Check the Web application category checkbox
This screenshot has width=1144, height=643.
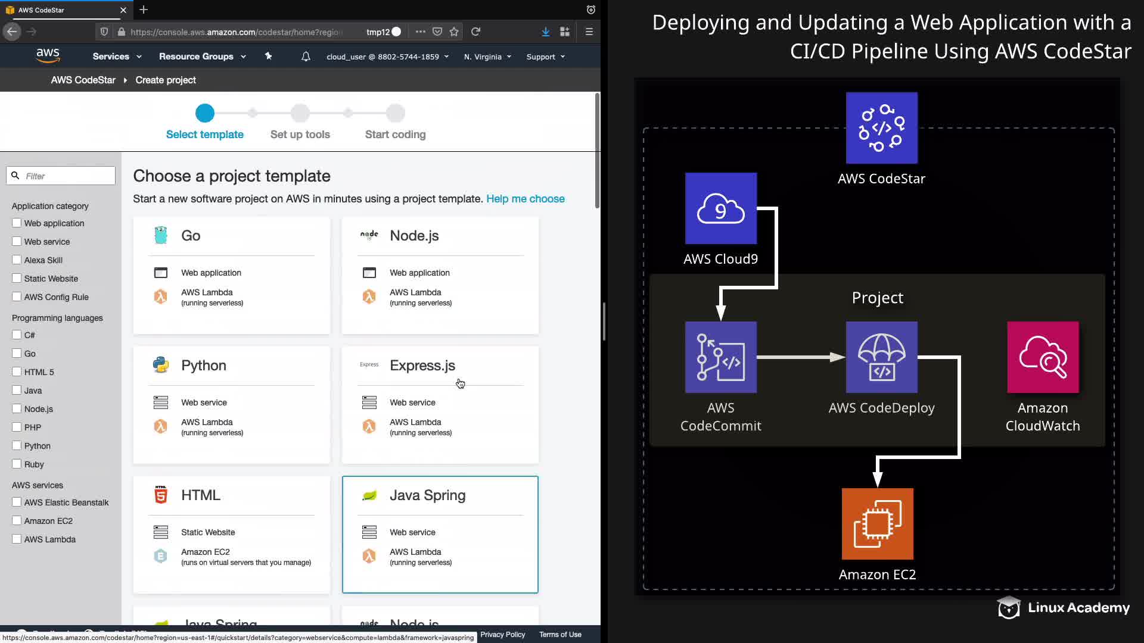[x=17, y=223]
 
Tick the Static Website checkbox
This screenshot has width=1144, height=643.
[x=17, y=278]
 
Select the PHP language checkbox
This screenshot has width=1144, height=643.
[x=17, y=427]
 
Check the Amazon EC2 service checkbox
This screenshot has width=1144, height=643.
[x=17, y=520]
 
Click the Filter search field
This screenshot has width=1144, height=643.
[x=66, y=176]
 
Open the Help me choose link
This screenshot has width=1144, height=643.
[x=525, y=199]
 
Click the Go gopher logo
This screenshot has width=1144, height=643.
[x=161, y=236]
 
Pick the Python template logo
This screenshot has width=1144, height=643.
[x=161, y=365]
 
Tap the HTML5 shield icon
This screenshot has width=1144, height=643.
[x=161, y=495]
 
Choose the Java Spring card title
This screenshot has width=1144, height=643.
[x=427, y=495]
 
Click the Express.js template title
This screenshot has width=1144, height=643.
[x=422, y=366]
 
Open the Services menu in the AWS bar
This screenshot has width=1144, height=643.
[x=117, y=57]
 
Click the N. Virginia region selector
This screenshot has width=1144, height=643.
[x=487, y=57]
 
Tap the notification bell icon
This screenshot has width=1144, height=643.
[x=306, y=57]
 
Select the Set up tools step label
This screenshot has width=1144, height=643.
[x=300, y=135]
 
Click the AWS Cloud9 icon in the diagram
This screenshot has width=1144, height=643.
[x=721, y=208]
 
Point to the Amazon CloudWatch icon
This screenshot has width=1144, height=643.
[x=1043, y=357]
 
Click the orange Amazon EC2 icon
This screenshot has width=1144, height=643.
[x=877, y=524]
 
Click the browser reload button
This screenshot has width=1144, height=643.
[x=475, y=32]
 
